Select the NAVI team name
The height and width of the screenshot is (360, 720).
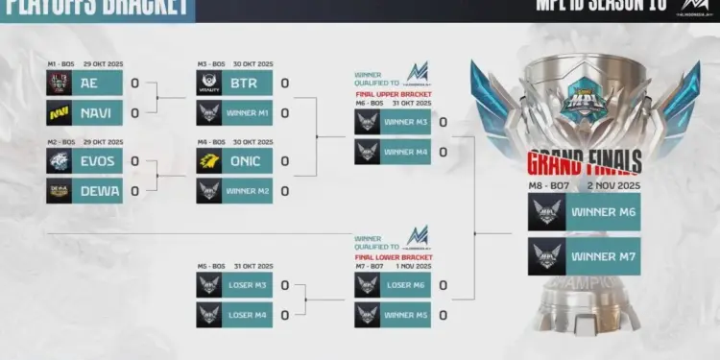coord(97,112)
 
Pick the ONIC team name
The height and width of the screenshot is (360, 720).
coord(248,160)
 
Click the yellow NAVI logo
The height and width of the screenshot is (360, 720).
coord(59,112)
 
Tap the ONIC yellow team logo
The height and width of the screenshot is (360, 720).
coord(209,160)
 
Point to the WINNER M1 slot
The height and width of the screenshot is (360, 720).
coord(248,112)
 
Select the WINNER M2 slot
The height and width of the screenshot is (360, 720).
coord(248,190)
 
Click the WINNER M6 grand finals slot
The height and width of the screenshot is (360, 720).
coord(604,211)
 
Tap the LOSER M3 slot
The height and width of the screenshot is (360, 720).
coord(248,285)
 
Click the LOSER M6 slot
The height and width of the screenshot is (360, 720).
coord(405,285)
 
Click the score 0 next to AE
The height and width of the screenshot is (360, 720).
coord(134,83)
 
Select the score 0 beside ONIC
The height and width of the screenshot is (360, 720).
coord(285,160)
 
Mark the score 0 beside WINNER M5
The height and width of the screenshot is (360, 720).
coord(443,315)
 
